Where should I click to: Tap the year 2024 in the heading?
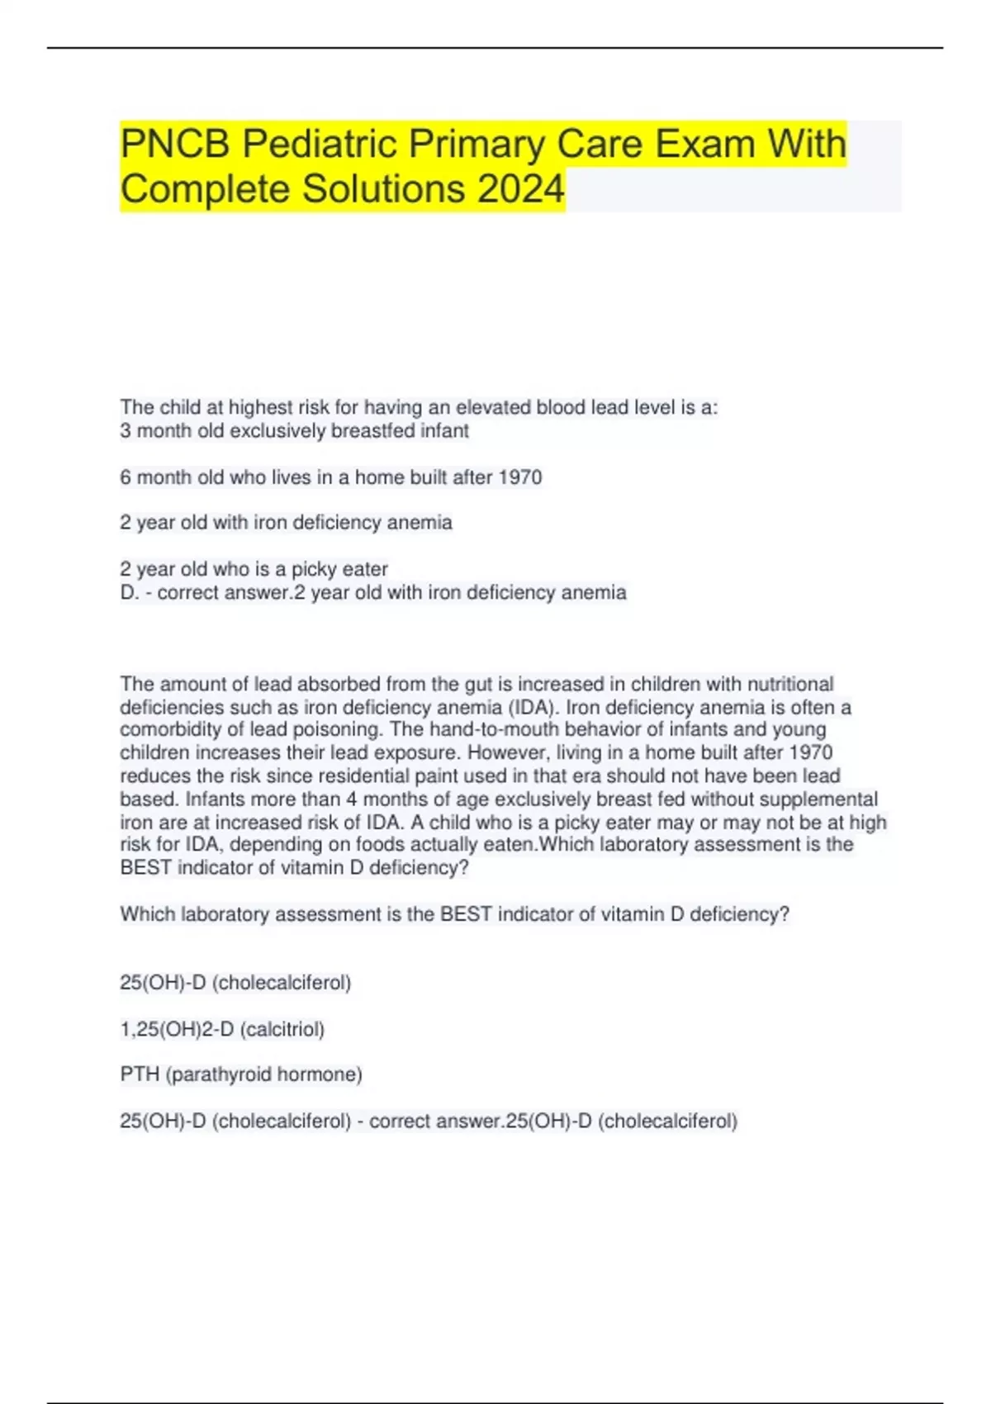click(x=520, y=189)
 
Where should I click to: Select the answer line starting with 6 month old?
click(x=330, y=477)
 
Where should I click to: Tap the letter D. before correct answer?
click(x=130, y=592)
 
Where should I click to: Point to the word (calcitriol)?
click(x=282, y=1029)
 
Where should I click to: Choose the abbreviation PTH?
click(x=140, y=1074)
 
